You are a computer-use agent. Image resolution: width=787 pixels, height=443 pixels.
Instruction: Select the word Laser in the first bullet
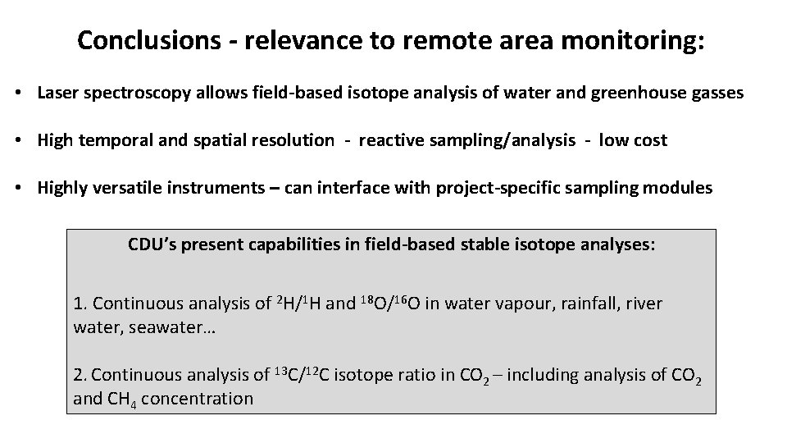point(58,94)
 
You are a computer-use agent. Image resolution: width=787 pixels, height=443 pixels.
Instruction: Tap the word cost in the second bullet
point(649,140)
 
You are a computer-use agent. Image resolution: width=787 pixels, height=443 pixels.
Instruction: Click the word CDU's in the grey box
point(148,244)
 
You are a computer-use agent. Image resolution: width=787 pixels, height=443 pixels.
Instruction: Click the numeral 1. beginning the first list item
point(80,304)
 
